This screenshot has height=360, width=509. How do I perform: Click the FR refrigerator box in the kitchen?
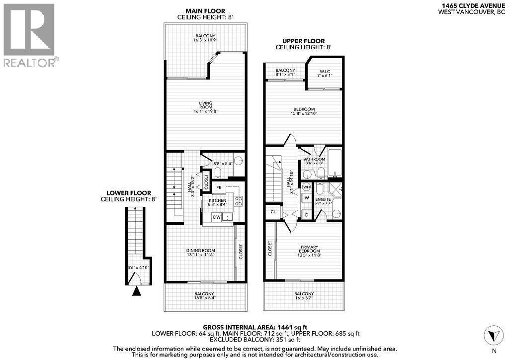219,187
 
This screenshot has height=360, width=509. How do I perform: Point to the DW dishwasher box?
217,217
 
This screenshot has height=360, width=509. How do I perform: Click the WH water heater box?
306,187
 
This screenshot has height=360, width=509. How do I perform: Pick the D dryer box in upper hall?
306,214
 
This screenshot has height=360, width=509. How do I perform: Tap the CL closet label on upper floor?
273,212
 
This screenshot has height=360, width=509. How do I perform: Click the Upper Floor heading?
303,41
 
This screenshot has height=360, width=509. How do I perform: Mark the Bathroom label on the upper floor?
314,160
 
